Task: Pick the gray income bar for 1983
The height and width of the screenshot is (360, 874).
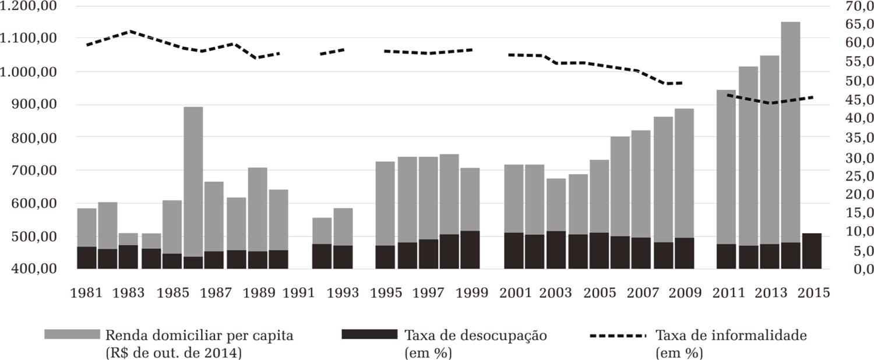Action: point(128,239)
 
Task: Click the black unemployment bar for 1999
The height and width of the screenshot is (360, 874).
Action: point(470,250)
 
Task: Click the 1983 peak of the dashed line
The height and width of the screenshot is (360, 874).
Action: point(130,31)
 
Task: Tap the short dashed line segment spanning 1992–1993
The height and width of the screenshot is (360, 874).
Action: point(332,52)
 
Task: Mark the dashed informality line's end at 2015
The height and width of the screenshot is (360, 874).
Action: point(813,97)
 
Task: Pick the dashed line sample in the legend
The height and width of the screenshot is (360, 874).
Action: point(618,336)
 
